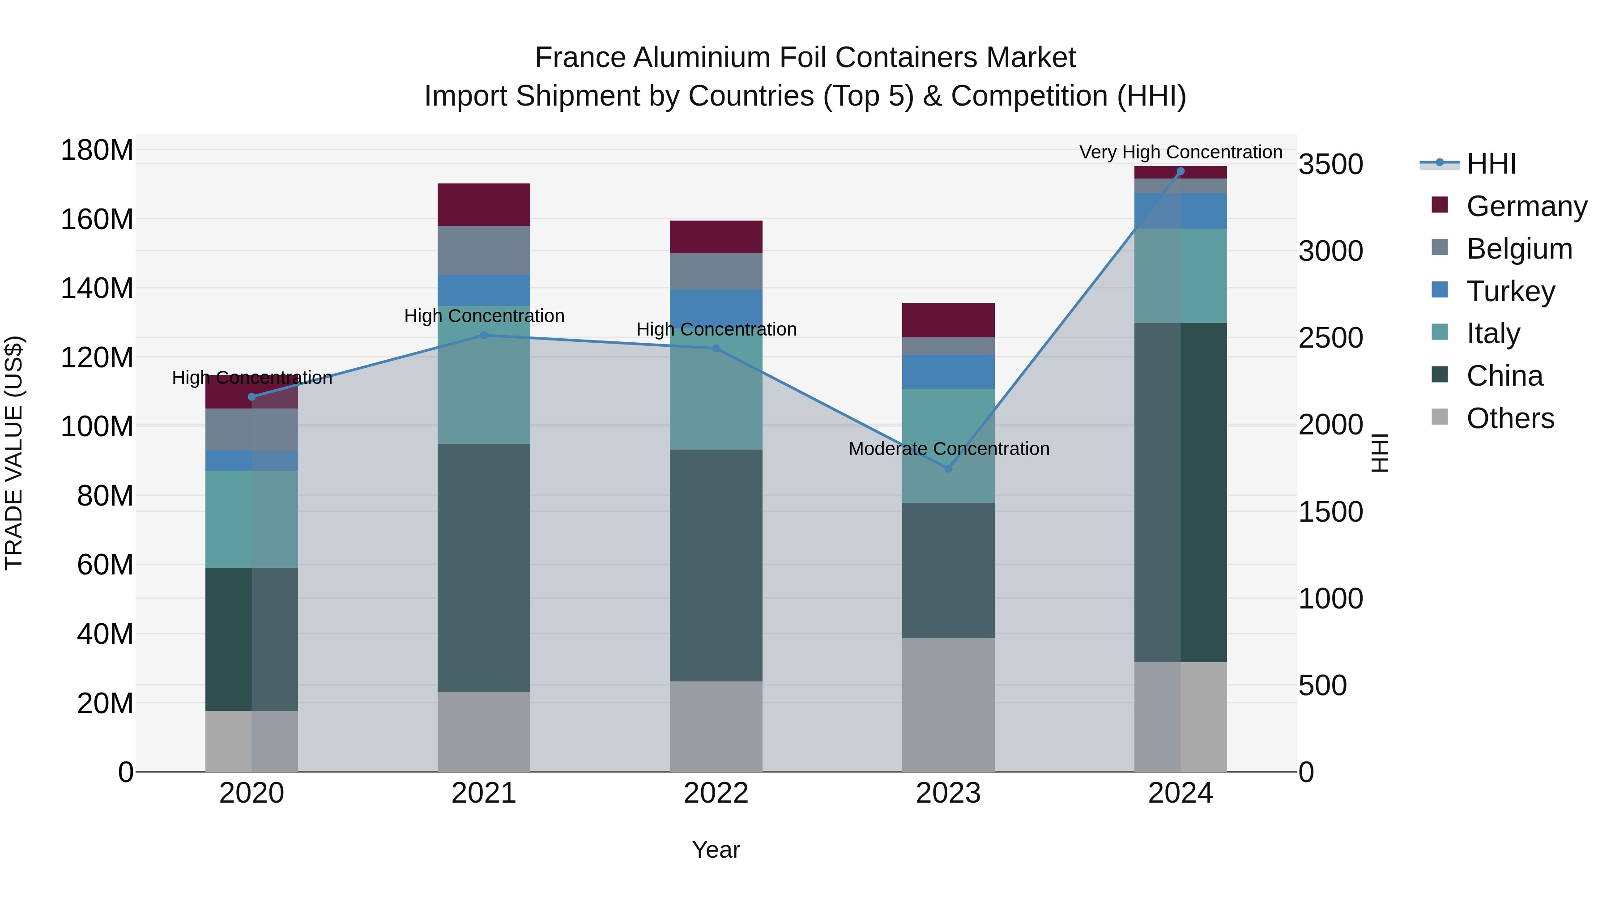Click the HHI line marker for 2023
(x=948, y=468)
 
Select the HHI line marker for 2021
(x=483, y=336)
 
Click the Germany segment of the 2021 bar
(x=483, y=204)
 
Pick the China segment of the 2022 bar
(x=716, y=565)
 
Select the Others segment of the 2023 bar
(x=948, y=705)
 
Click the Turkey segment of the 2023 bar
(x=948, y=371)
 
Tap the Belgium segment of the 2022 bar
(x=716, y=272)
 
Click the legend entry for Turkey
(x=1510, y=291)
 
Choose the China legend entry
(x=1504, y=376)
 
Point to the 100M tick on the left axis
(x=97, y=427)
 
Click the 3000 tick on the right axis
(x=1330, y=251)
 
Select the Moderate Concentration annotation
(x=949, y=449)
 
